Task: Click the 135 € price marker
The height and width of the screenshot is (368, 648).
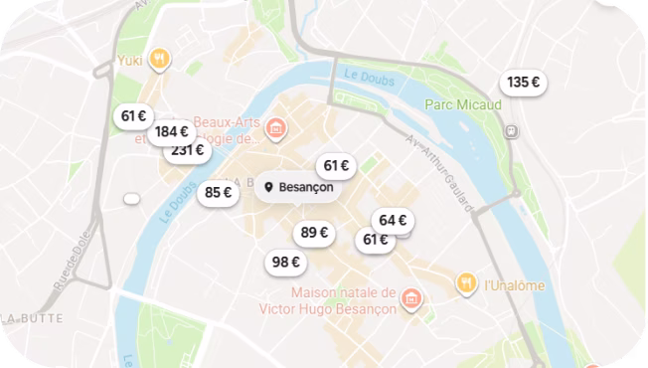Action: [523, 83]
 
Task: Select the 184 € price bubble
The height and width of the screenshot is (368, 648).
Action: [172, 131]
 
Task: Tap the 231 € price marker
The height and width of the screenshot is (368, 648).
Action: [187, 151]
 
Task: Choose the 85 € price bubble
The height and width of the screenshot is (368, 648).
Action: [218, 193]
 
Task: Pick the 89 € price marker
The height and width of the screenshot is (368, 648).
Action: [315, 234]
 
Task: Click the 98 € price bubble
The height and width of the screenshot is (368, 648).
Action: [286, 263]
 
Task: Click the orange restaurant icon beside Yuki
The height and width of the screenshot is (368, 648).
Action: [159, 60]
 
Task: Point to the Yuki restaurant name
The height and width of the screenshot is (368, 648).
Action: [131, 60]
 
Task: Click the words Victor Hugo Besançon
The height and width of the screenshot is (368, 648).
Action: [327, 309]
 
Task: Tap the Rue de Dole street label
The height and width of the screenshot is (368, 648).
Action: [76, 264]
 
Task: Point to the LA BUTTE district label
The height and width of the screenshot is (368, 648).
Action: [35, 318]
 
